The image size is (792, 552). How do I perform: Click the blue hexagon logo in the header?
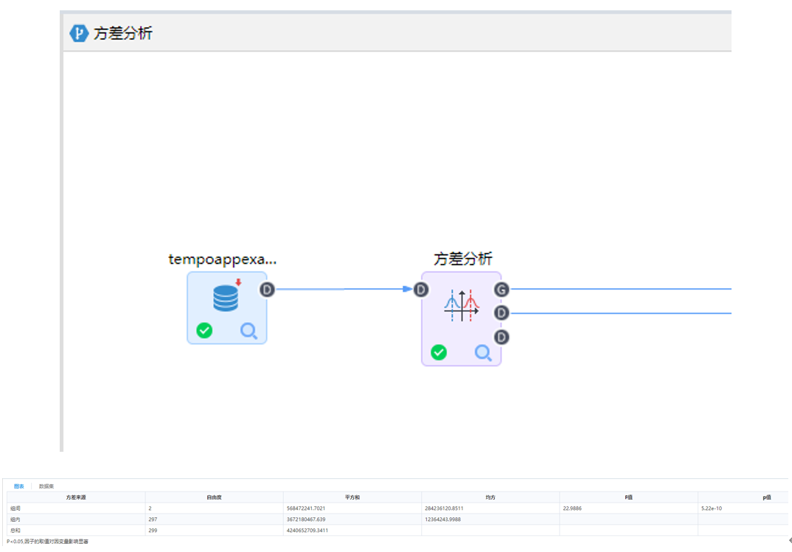[79, 33]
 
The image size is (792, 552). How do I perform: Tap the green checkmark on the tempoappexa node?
[204, 331]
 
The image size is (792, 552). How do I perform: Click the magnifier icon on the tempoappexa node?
[249, 332]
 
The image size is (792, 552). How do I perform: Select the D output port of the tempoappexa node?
[267, 290]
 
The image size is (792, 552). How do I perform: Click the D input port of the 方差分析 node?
[421, 290]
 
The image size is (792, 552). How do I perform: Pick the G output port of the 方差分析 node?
[501, 290]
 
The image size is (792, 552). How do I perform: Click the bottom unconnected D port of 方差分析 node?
[501, 337]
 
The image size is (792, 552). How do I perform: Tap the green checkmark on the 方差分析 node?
[439, 353]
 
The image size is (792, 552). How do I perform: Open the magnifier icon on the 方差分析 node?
[483, 353]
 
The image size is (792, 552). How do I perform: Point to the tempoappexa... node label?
[222, 259]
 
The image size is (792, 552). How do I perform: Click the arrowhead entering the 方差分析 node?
[408, 290]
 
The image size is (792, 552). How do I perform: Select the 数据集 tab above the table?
[46, 486]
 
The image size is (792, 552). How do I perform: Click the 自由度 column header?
[214, 497]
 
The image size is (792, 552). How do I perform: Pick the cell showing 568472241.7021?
[306, 509]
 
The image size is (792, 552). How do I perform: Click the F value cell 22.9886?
[573, 509]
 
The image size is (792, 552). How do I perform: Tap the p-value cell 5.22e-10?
[712, 509]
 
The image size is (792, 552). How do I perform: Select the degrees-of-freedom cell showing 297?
[152, 520]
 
